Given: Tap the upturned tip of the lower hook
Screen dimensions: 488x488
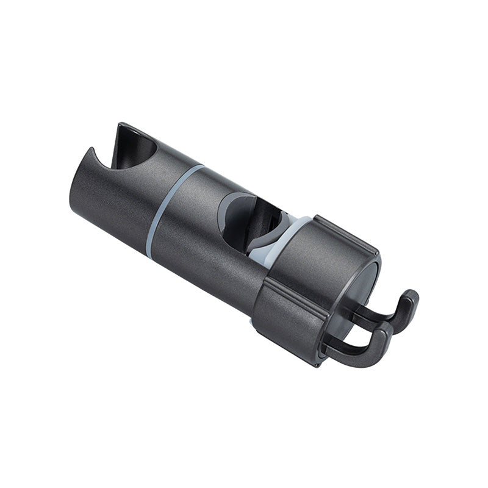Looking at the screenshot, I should (x=384, y=332).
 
